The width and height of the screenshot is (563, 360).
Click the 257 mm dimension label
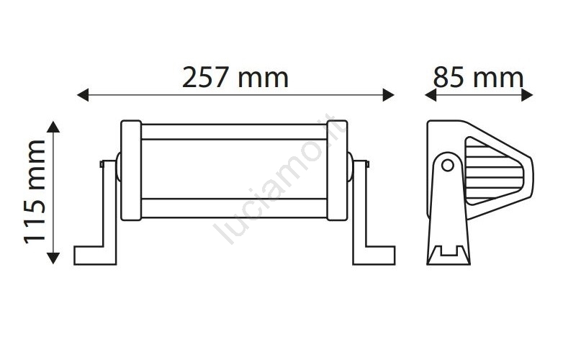pyautogui.click(x=235, y=78)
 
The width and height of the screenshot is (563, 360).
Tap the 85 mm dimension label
pyautogui.click(x=478, y=78)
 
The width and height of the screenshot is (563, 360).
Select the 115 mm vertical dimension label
pyautogui.click(x=35, y=192)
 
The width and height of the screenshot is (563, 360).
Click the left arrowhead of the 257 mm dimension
pyautogui.click(x=83, y=95)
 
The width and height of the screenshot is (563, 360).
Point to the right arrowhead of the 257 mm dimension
pyautogui.click(x=389, y=95)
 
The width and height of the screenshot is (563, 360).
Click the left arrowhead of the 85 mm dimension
pyautogui.click(x=431, y=95)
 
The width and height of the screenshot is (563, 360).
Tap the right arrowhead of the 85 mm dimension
pyautogui.click(x=527, y=95)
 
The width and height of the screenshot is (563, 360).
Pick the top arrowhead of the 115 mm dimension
pyautogui.click(x=53, y=127)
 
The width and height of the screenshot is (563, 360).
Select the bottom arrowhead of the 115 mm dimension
pyautogui.click(x=53, y=258)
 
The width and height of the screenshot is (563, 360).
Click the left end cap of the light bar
pyautogui.click(x=131, y=170)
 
